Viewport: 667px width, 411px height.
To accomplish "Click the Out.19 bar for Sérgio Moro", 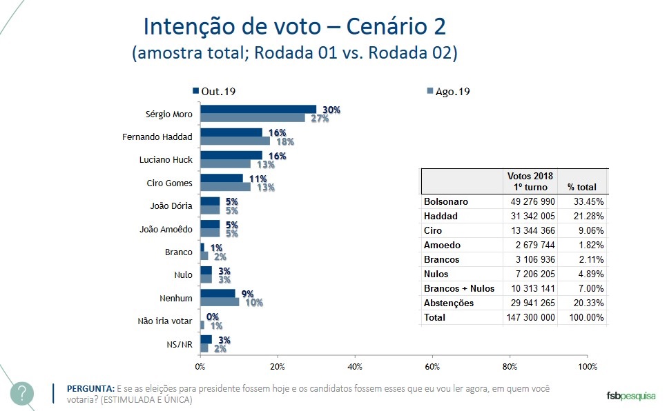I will (x=258, y=110).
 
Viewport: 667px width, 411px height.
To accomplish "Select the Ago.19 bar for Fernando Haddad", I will (x=235, y=141).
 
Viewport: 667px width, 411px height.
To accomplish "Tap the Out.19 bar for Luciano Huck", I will (x=231, y=155).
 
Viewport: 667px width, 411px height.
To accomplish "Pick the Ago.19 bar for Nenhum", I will (x=220, y=301).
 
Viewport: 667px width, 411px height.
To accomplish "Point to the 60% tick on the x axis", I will (x=432, y=365).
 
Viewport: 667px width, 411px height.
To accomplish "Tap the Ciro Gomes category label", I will (x=171, y=182).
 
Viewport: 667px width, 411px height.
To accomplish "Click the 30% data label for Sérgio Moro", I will (x=332, y=110).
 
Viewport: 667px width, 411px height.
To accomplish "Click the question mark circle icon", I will (x=22, y=393).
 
